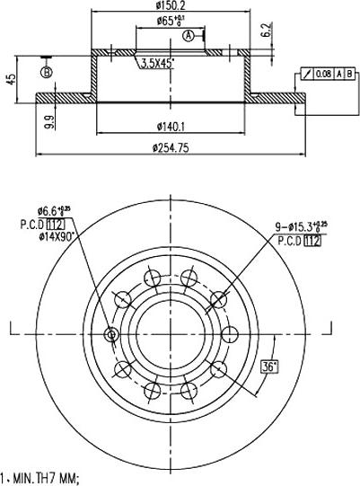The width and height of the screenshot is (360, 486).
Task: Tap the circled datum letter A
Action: (x=189, y=36)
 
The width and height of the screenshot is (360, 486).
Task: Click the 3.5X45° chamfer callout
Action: (x=157, y=64)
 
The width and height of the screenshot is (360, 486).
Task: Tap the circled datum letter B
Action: (x=47, y=71)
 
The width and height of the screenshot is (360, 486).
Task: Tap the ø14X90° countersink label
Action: (x=53, y=235)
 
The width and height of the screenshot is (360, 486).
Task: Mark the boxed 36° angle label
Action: (x=268, y=367)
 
